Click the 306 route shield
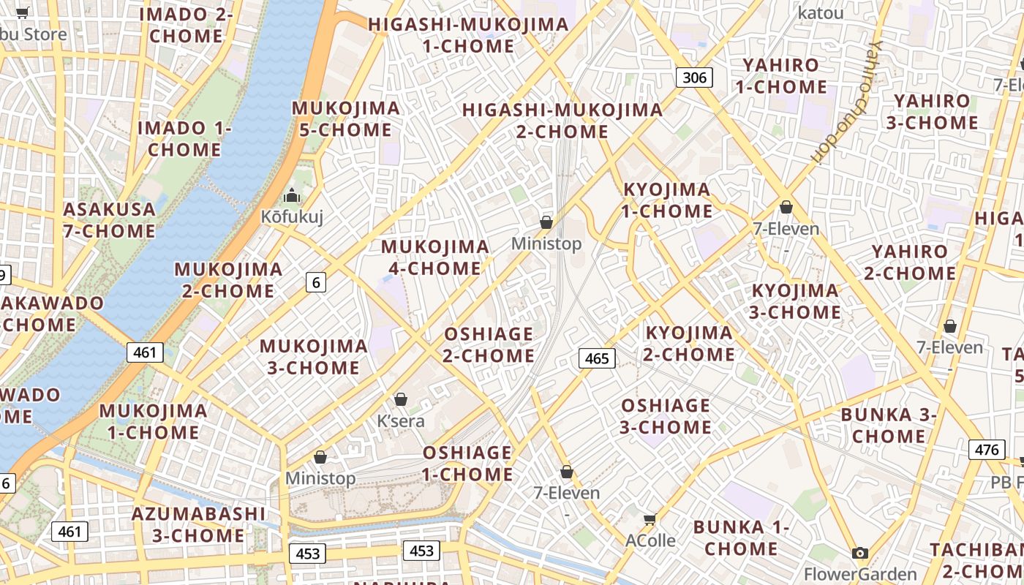click(693, 77)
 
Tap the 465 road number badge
click(597, 358)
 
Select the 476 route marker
click(986, 449)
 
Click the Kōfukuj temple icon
click(292, 195)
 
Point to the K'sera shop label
click(400, 421)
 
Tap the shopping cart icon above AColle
click(649, 519)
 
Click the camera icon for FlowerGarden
click(860, 553)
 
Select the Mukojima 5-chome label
click(346, 119)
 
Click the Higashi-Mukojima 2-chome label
click(562, 121)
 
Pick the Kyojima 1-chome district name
click(666, 200)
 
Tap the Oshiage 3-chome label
click(665, 416)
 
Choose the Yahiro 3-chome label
click(932, 112)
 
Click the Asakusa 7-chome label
click(110, 220)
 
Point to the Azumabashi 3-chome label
click(198, 524)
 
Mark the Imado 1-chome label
click(184, 139)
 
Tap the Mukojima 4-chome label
click(435, 257)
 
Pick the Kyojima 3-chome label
click(795, 301)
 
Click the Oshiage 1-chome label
click(467, 464)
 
